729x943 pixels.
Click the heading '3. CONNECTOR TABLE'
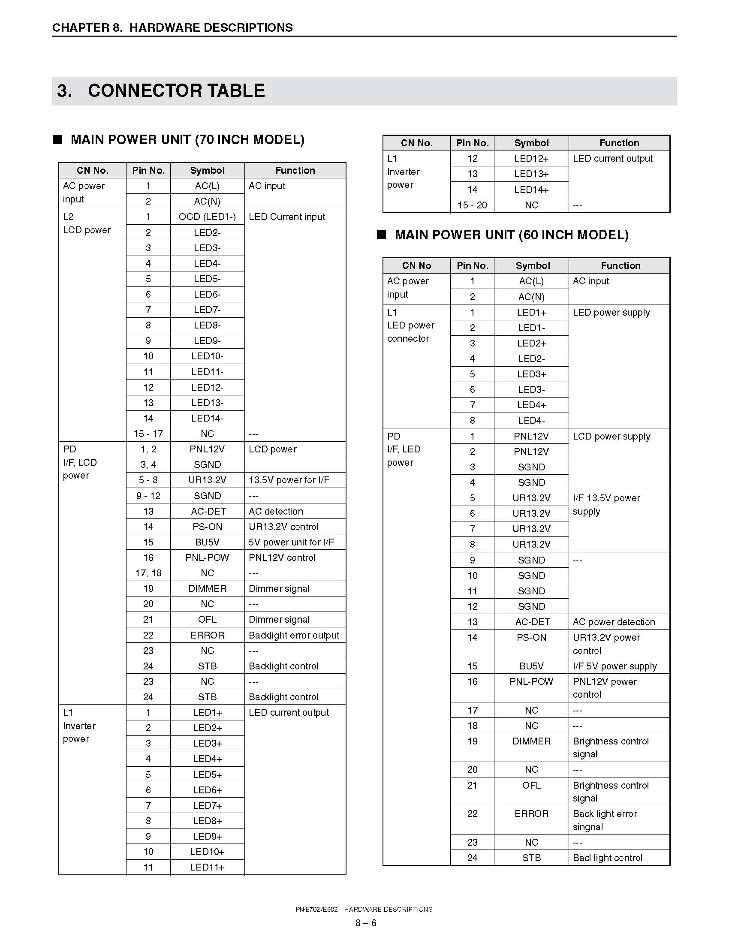(x=161, y=90)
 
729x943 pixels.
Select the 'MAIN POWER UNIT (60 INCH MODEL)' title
(x=511, y=235)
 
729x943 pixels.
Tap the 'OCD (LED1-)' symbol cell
(x=207, y=217)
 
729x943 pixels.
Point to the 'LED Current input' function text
(x=287, y=217)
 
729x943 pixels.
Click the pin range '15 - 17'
(x=148, y=434)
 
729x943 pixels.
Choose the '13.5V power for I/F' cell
(x=289, y=480)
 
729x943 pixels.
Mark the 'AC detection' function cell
(x=276, y=511)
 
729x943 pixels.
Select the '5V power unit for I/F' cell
(x=292, y=542)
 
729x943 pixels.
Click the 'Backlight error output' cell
(x=294, y=635)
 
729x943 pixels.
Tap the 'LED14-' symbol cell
(x=207, y=418)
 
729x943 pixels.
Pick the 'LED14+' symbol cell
(x=531, y=190)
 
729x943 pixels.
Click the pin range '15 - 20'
(x=472, y=205)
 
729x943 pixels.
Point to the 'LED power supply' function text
(x=611, y=312)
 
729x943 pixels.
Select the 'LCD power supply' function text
(x=611, y=436)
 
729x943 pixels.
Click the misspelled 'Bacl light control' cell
(x=607, y=858)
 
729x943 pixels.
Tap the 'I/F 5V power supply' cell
(x=615, y=666)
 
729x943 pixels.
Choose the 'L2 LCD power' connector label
(x=86, y=223)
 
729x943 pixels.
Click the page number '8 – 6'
(x=366, y=923)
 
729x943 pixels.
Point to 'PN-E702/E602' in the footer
(x=316, y=909)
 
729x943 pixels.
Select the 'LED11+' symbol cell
(x=207, y=867)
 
